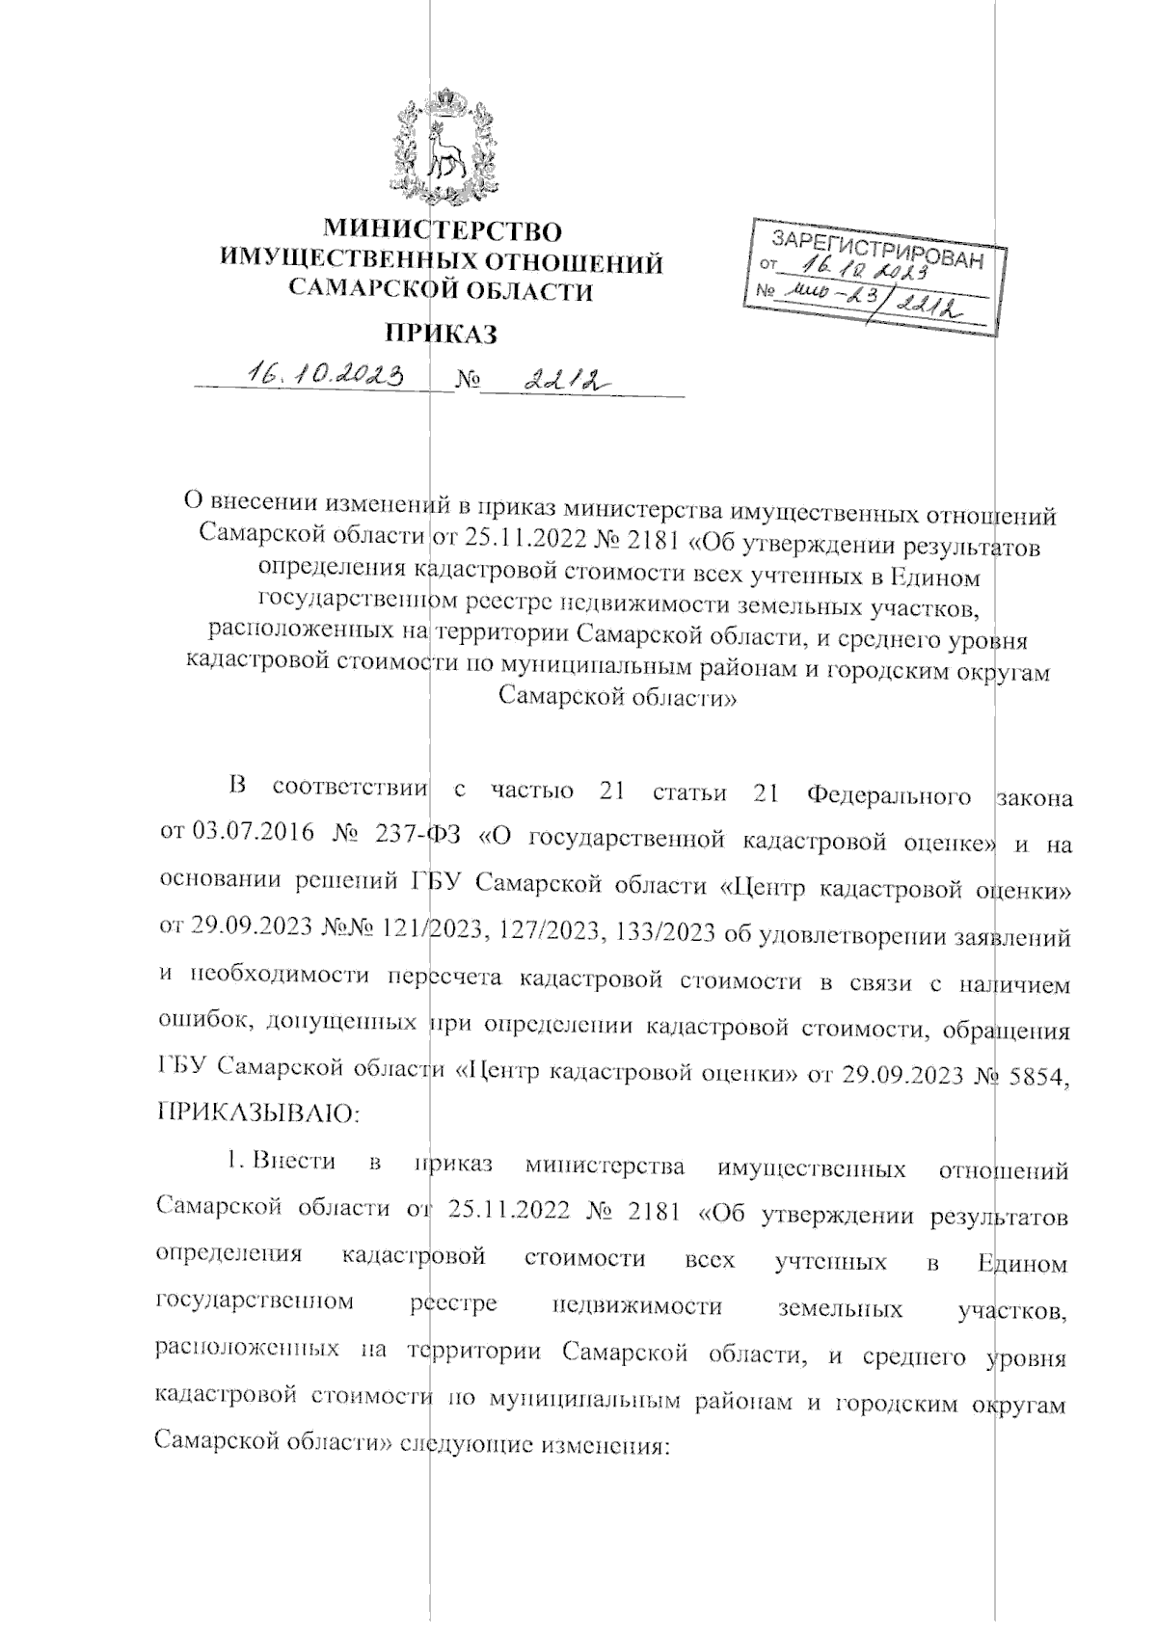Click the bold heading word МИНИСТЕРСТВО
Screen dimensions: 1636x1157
[x=443, y=231]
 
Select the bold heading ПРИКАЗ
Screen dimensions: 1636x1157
[x=442, y=335]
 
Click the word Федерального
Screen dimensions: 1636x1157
[x=888, y=794]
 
